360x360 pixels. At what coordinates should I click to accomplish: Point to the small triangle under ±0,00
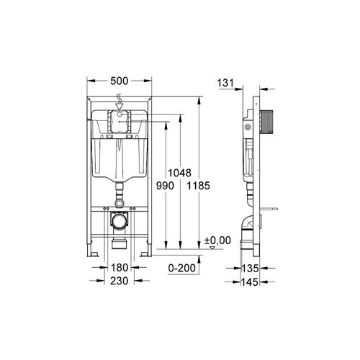point(212,247)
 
